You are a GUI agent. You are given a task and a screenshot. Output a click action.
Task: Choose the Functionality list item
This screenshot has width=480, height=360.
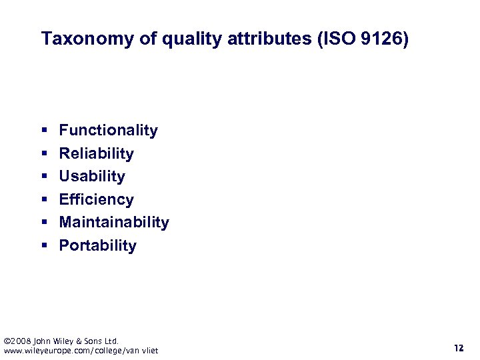108,131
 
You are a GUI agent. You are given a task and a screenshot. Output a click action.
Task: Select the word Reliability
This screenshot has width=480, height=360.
96,153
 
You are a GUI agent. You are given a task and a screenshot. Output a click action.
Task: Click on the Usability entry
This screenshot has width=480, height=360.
92,177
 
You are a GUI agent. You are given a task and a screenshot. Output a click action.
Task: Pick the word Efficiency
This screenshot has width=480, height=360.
96,199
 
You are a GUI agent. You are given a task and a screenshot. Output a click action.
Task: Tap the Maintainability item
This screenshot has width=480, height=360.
114,222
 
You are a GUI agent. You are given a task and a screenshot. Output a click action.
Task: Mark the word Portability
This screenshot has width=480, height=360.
97,245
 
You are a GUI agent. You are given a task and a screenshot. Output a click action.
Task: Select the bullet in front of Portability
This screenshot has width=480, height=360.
44,246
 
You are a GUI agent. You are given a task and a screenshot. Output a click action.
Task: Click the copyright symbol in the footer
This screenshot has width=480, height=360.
7,341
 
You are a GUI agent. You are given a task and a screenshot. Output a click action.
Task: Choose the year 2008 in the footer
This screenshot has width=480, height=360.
20,341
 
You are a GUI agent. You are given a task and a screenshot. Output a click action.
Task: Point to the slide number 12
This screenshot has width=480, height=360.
458,348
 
